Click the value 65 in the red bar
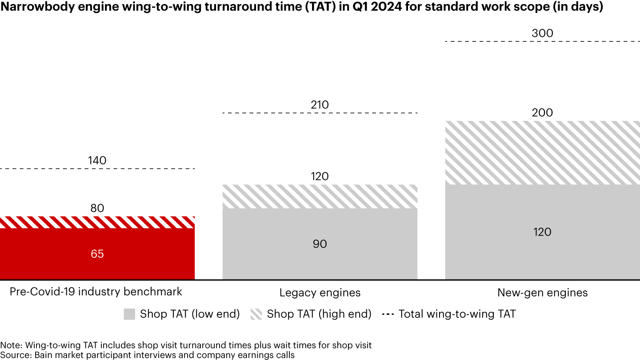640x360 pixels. (97, 254)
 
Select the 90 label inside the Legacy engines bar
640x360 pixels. (320, 244)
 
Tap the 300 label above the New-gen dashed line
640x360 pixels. (542, 33)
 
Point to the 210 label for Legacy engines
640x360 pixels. (320, 105)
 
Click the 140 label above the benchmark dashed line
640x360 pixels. (97, 160)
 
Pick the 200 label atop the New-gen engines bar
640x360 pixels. (542, 113)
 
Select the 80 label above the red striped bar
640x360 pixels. (97, 208)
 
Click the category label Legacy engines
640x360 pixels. (320, 293)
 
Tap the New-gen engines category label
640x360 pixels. (542, 293)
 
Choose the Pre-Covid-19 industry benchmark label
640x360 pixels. (96, 292)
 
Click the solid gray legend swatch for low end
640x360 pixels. (129, 314)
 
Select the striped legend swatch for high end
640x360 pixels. (256, 314)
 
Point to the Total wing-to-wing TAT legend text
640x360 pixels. (457, 314)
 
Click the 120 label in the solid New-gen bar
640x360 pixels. (542, 232)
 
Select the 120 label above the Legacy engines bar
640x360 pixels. (320, 176)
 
